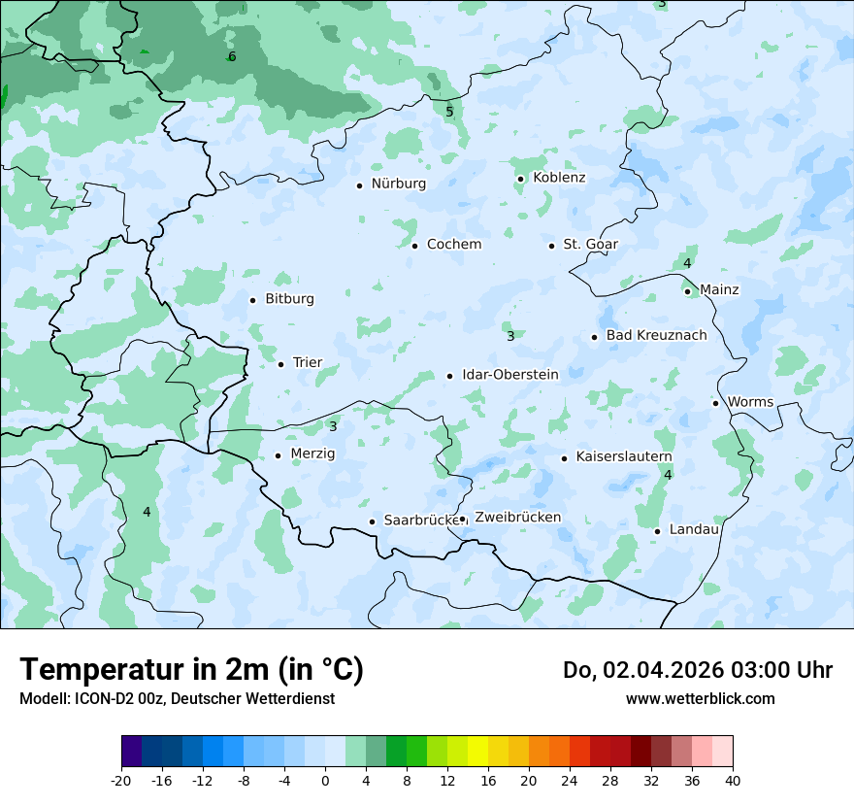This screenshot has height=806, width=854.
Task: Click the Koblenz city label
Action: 559,178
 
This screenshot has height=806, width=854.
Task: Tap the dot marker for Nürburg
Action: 359,185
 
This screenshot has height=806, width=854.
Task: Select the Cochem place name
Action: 453,245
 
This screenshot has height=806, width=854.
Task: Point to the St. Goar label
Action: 590,245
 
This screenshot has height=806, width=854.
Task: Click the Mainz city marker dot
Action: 687,291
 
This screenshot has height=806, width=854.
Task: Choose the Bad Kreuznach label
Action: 656,336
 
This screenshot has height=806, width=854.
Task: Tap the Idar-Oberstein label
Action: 510,375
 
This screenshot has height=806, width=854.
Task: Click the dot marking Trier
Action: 280,364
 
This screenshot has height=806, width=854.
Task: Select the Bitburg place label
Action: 289,299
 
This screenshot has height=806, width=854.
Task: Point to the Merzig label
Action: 312,454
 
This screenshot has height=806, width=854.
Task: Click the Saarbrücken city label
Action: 421,521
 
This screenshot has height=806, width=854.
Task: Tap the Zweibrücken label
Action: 517,518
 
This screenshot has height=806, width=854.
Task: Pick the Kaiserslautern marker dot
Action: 564,458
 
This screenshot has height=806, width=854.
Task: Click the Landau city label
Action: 694,530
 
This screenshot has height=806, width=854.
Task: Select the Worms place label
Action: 750,402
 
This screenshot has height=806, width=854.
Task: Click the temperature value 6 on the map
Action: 232,56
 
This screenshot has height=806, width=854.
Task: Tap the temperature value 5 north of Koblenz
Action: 449,112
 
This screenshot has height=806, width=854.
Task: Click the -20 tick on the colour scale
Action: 121,781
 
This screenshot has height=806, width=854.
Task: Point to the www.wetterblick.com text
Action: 700,699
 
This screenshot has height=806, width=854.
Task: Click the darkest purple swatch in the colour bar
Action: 131,752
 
